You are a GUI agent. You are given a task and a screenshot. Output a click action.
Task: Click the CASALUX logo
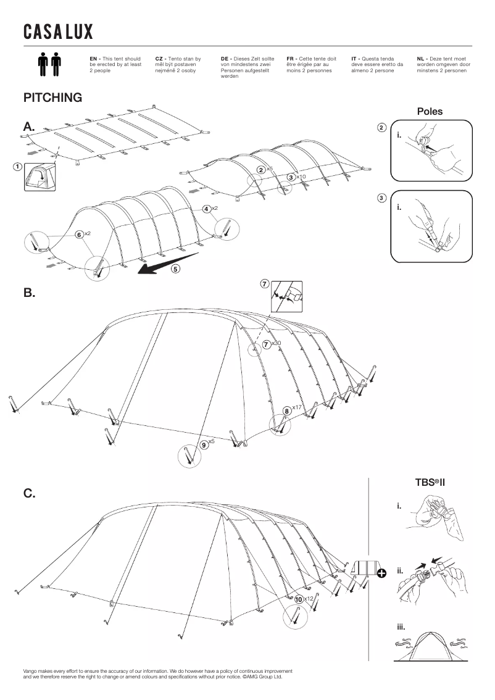point(58,32)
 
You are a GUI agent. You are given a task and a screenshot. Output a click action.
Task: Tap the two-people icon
point(50,64)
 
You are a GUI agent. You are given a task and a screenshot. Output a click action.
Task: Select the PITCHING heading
point(52,98)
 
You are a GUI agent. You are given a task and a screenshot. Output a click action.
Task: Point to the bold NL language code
point(422,58)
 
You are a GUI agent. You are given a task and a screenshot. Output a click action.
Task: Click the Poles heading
point(430,112)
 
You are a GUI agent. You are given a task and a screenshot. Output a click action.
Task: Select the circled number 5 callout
point(176,269)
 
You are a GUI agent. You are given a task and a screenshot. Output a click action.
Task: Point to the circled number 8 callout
point(286,410)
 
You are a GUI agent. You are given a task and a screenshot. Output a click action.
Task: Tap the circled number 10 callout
point(299,599)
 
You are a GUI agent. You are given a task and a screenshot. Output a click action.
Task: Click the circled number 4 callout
point(206,209)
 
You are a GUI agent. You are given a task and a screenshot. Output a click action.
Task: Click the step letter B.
point(29,293)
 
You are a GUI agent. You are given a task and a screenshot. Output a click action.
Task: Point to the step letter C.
point(29,493)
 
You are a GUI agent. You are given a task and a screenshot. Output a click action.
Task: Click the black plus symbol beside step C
point(382,573)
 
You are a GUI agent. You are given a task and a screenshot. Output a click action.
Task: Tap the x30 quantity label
point(277,343)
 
